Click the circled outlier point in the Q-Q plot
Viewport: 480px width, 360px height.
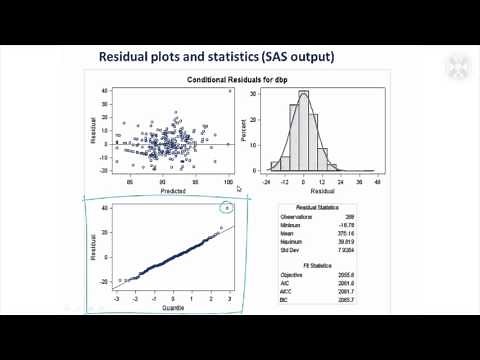229,208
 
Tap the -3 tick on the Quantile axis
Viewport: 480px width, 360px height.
118,299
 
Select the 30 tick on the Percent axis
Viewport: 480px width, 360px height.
254,96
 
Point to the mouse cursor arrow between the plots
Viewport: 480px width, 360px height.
239,188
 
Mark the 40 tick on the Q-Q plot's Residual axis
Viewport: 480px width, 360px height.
104,208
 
